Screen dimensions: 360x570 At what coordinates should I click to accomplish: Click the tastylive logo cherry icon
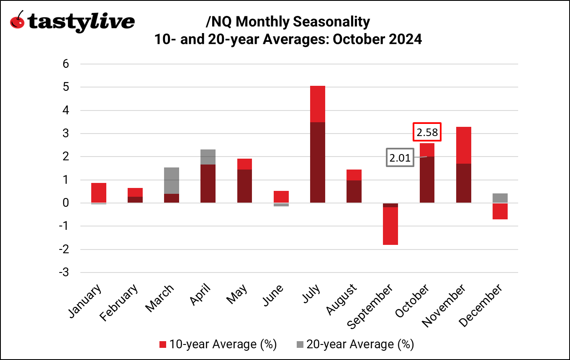(18, 21)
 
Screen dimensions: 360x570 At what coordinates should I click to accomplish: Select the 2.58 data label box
(427, 133)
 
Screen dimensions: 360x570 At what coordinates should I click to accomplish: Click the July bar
(317, 144)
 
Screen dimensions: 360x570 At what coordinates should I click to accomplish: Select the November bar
(463, 165)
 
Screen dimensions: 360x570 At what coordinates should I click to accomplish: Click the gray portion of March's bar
(172, 180)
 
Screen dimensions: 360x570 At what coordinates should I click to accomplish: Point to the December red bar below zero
(500, 211)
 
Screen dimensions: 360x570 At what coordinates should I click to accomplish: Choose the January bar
(99, 193)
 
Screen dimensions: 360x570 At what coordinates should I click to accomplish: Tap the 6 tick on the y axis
(65, 64)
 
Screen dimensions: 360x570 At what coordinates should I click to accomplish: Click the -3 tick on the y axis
(63, 273)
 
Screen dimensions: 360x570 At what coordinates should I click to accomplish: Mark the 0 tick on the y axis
(65, 203)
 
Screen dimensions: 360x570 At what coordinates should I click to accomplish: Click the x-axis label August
(341, 299)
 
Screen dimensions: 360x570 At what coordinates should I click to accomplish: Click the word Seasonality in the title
(329, 21)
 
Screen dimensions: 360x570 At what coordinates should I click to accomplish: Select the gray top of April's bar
(208, 157)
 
